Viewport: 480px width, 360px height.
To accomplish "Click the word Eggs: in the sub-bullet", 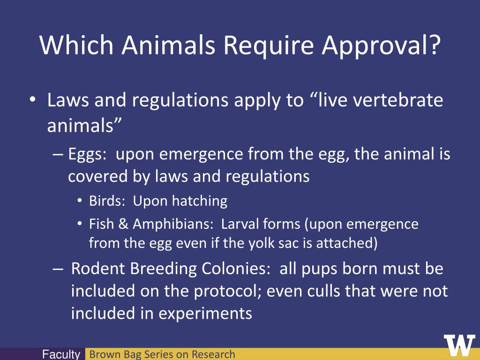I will (88, 154).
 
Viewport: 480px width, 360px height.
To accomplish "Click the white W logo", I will (459, 346).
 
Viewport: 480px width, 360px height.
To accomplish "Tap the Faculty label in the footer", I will (61, 355).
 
